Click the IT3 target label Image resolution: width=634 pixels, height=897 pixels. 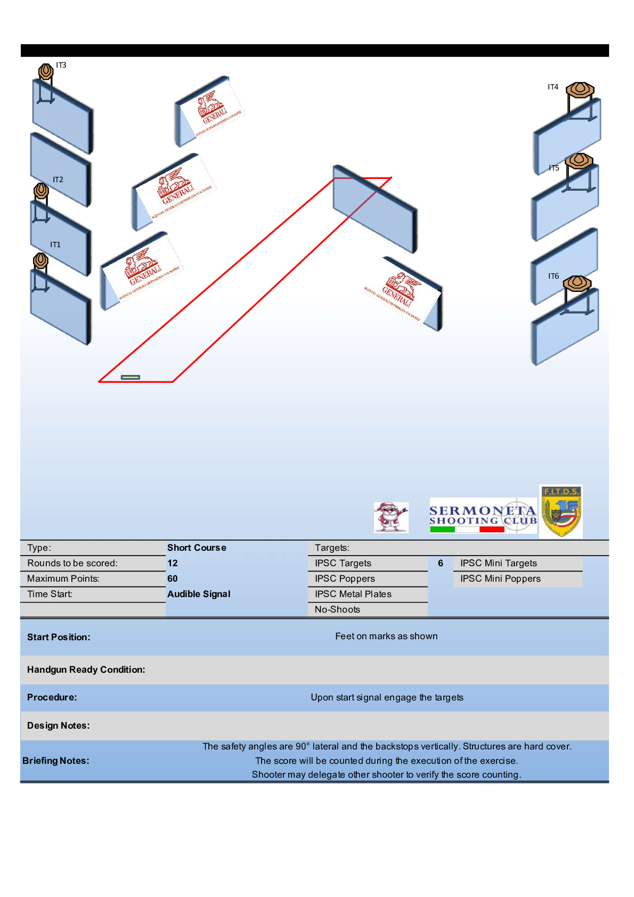[x=61, y=66]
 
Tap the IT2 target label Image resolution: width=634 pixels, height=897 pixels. [x=58, y=180]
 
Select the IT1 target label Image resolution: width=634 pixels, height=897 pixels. [x=55, y=245]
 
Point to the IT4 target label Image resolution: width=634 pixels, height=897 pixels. [x=553, y=87]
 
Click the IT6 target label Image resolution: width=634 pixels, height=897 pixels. [x=554, y=276]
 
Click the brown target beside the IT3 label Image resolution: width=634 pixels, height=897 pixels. [x=46, y=71]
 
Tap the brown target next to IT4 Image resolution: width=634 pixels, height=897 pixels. [x=580, y=89]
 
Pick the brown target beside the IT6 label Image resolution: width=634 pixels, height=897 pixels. [x=577, y=283]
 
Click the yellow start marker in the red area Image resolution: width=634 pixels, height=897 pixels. [x=131, y=378]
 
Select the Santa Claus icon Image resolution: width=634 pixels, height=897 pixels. [x=391, y=517]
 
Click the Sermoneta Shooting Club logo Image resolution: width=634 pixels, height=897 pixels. [x=483, y=516]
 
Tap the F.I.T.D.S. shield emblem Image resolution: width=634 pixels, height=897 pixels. [x=561, y=511]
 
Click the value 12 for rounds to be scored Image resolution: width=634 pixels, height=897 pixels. [x=173, y=564]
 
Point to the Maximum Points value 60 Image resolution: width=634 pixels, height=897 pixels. [x=173, y=579]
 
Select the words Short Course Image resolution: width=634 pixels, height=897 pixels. [x=197, y=548]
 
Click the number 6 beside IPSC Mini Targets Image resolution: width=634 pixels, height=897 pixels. [x=441, y=564]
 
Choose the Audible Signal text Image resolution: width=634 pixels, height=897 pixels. [x=199, y=594]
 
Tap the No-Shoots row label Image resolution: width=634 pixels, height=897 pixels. [x=337, y=610]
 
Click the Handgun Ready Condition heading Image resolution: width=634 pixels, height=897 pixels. [x=86, y=670]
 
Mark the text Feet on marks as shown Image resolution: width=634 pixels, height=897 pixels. [x=386, y=637]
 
